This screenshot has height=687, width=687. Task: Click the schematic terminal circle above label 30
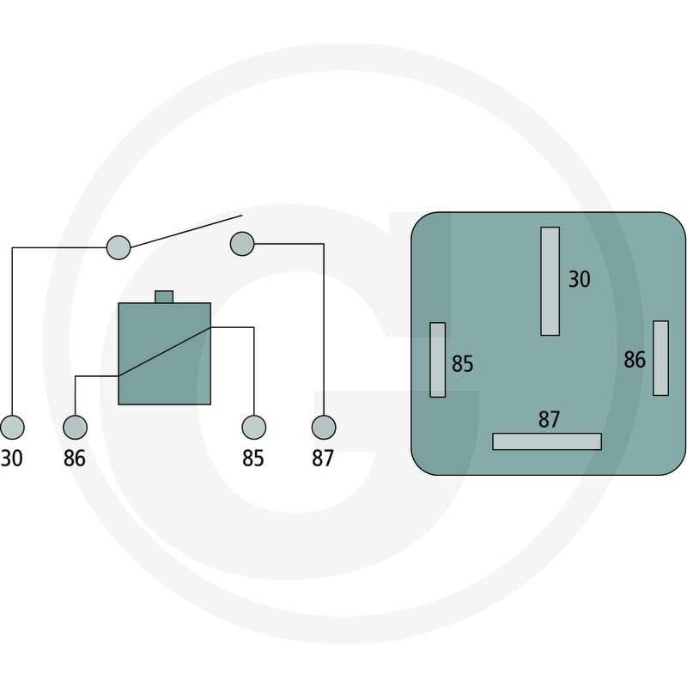[12, 427]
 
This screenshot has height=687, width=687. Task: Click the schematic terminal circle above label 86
[75, 427]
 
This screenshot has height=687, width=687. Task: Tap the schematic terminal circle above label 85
[253, 427]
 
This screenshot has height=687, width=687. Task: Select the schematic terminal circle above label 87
[324, 427]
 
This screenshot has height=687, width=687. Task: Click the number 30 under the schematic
[11, 459]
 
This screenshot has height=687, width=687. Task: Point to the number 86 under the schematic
[75, 459]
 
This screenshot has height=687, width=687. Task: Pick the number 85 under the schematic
[253, 459]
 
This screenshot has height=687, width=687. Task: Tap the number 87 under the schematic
[323, 459]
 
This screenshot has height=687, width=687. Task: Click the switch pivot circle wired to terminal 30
[119, 247]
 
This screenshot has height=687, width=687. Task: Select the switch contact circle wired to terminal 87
[242, 244]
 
